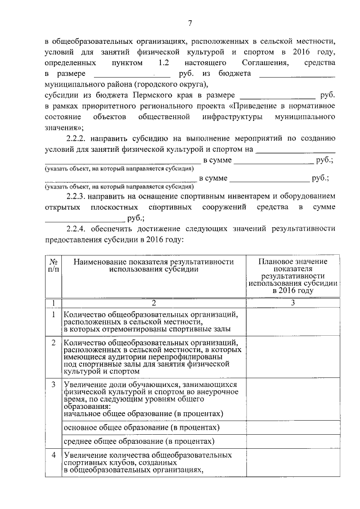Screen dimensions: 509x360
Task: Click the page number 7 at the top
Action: (x=190, y=23)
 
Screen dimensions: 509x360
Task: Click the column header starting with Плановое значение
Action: (x=292, y=276)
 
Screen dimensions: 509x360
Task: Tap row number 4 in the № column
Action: (x=52, y=454)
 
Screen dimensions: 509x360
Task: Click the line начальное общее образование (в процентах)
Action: (x=143, y=413)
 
